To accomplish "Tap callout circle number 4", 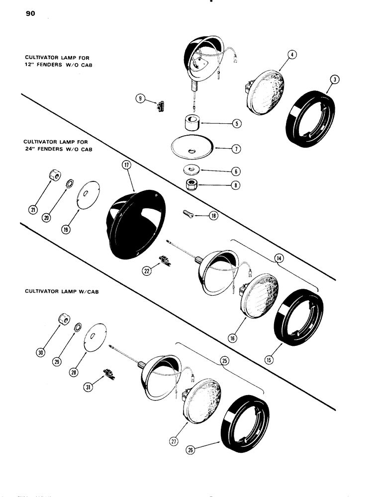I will click(x=292, y=55).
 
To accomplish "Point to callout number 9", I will click(x=141, y=98).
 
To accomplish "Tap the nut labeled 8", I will click(x=192, y=185).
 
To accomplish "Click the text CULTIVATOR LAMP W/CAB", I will click(x=62, y=291).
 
